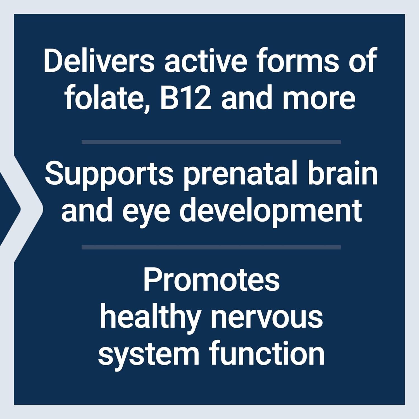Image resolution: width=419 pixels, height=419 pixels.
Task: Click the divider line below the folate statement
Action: [211, 142]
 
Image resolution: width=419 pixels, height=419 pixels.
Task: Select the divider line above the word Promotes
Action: [211, 247]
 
